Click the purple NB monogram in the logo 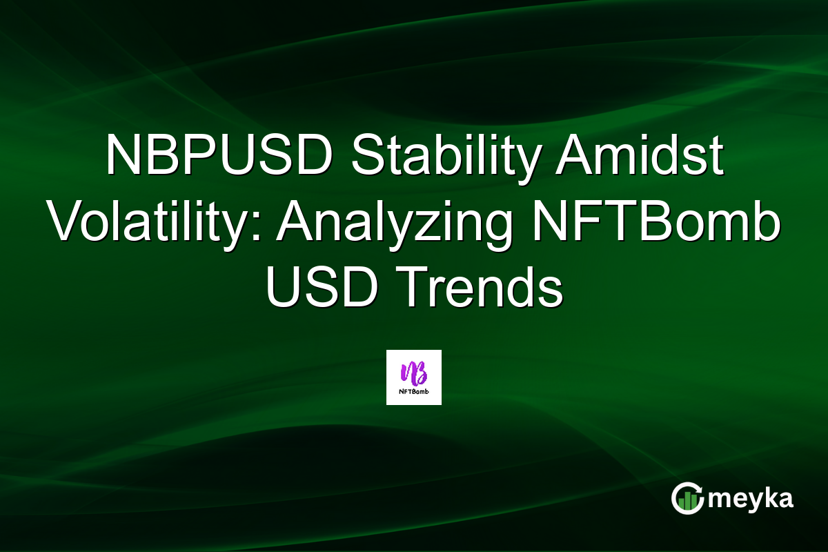pyautogui.click(x=413, y=373)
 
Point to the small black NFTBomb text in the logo pyautogui.click(x=413, y=394)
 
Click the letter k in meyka pyautogui.click(x=768, y=498)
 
